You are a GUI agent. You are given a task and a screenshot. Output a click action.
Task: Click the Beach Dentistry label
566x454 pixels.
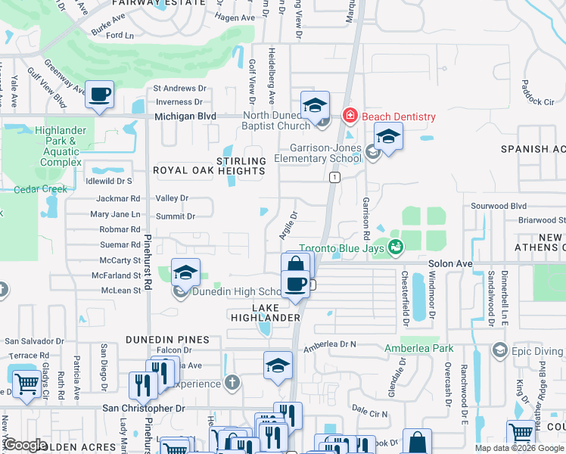(x=399, y=117)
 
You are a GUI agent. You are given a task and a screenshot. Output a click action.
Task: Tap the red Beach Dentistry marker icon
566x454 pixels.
(x=350, y=117)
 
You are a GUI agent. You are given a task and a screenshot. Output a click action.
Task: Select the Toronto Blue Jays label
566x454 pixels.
(x=342, y=247)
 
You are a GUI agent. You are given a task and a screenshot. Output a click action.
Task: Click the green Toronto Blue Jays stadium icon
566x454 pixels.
(x=394, y=247)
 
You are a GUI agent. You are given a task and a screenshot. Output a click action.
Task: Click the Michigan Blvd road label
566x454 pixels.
(x=185, y=117)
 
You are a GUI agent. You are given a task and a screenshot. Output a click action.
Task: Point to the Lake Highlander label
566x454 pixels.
(x=266, y=313)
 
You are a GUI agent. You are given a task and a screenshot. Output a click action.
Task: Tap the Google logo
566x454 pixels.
(x=25, y=445)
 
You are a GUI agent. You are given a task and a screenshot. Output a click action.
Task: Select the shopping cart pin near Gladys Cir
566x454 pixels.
(x=26, y=382)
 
